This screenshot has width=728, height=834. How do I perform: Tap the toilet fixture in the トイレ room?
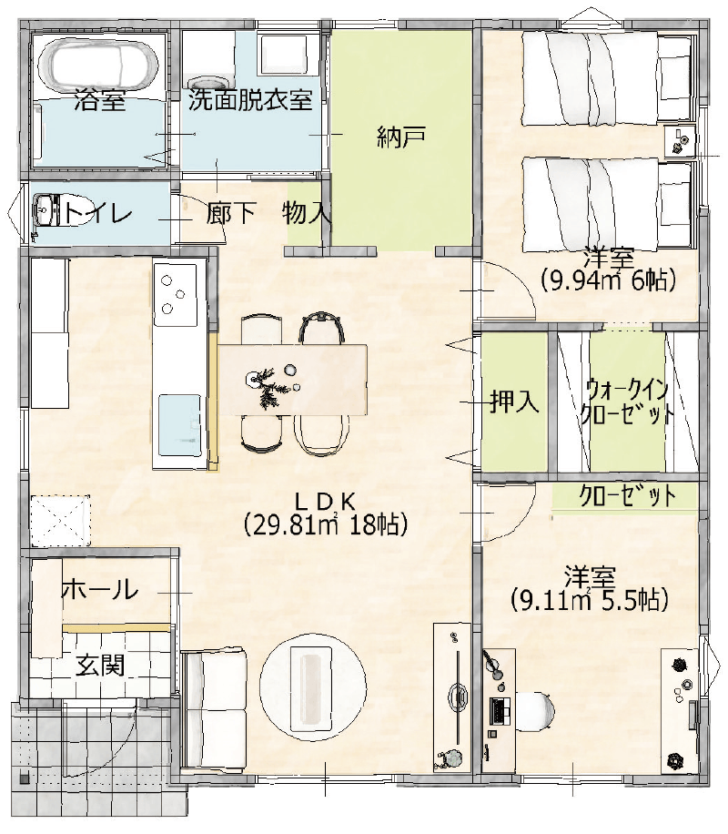[45, 212]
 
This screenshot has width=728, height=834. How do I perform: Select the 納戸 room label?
[401, 137]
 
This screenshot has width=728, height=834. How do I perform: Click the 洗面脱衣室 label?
[250, 100]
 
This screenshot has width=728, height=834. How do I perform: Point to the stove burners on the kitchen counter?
[174, 294]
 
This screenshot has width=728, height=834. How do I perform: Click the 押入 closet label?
[515, 402]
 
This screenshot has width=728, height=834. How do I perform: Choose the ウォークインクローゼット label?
[628, 402]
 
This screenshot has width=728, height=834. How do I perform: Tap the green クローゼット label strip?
[628, 496]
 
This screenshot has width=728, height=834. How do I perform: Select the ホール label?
[99, 590]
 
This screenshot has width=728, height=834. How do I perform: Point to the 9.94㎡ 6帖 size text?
[608, 281]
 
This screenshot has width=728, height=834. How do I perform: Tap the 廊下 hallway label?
[230, 214]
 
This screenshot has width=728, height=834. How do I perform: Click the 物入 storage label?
[307, 214]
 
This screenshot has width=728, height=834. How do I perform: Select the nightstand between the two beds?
[681, 141]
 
